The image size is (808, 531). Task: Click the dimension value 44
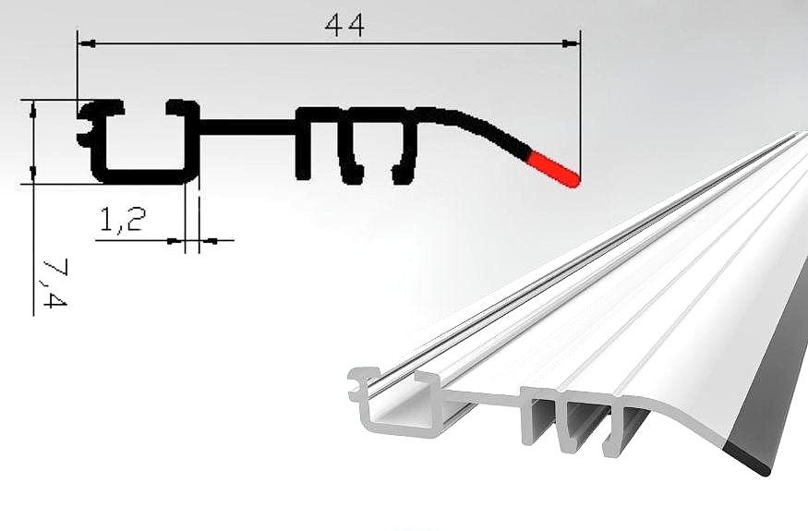click(344, 26)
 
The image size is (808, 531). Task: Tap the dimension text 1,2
click(121, 222)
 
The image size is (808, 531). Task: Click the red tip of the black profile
click(557, 170)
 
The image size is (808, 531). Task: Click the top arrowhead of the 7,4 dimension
click(33, 107)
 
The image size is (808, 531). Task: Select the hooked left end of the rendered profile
click(358, 384)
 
